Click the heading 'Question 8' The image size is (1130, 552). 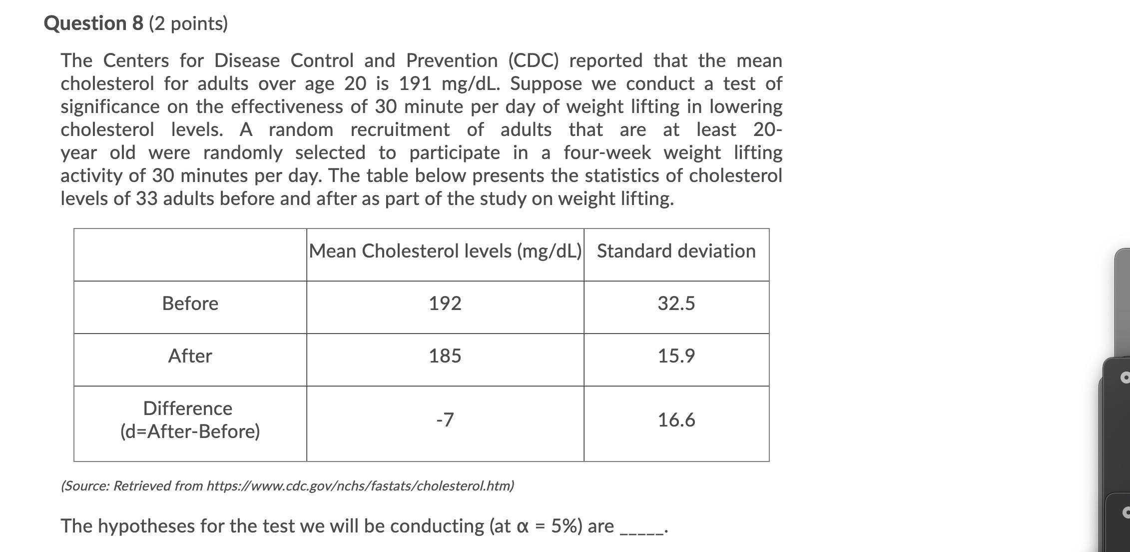[x=93, y=23]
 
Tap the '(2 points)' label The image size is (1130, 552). [x=188, y=23]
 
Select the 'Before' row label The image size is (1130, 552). [x=190, y=303]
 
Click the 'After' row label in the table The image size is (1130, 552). [x=190, y=356]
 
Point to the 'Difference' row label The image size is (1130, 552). [x=188, y=408]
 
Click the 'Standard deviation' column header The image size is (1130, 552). [x=676, y=251]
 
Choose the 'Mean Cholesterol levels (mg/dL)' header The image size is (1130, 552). [x=445, y=251]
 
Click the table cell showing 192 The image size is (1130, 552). [x=445, y=303]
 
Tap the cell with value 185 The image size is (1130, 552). [x=445, y=356]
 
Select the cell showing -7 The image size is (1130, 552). [x=445, y=419]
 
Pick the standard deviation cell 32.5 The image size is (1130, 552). [x=676, y=303]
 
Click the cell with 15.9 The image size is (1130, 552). [x=676, y=356]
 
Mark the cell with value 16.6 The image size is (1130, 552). [x=676, y=420]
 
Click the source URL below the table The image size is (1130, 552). [x=360, y=486]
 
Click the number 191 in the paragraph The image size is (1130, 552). [x=415, y=84]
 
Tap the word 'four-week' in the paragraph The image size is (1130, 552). [x=607, y=153]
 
